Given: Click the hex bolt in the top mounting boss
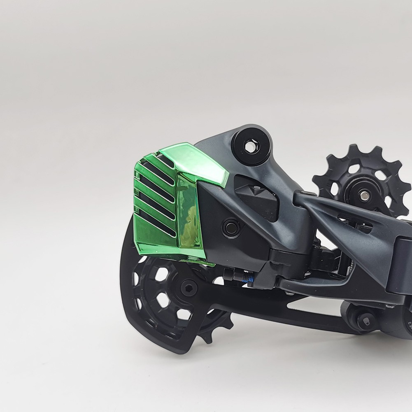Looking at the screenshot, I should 249,145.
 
